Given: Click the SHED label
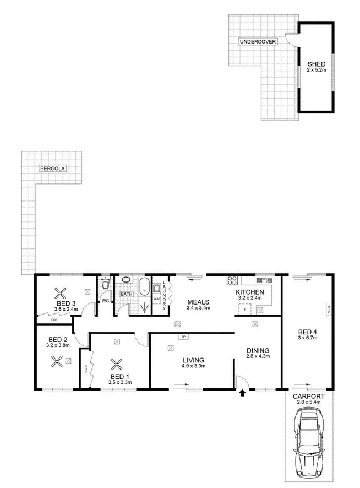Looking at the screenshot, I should [316, 64].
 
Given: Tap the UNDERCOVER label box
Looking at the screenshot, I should [257, 41].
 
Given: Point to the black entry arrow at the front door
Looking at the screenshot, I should [243, 393].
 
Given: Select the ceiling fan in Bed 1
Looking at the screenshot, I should [117, 364].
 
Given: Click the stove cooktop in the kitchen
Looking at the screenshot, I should [232, 281].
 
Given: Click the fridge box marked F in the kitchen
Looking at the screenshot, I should [244, 310].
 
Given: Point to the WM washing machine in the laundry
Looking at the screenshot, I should [157, 299].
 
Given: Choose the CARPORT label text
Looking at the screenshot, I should [309, 397].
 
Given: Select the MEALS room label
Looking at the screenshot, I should [197, 302].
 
